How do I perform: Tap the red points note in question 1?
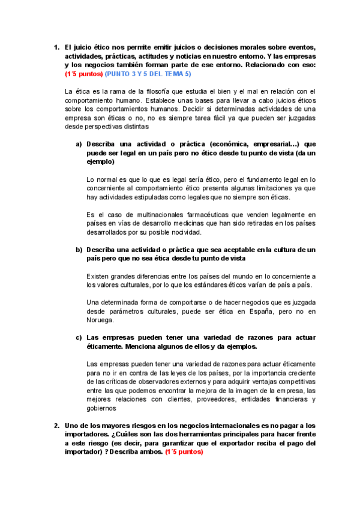(83, 73)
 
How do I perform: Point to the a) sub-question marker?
(79, 145)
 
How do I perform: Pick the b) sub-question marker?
(79, 249)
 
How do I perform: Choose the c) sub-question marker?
(79, 337)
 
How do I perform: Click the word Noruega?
(101, 320)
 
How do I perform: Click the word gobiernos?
(103, 408)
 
